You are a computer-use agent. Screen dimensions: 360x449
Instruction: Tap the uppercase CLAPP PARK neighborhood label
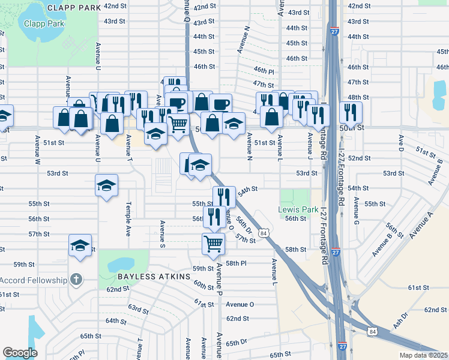click(73, 8)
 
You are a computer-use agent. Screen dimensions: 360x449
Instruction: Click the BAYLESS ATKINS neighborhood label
click(154, 277)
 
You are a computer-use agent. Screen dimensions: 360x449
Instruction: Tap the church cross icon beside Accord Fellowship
click(76, 279)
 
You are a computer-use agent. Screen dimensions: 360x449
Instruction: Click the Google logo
click(20, 353)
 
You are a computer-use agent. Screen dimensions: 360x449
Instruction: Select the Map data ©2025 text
click(423, 355)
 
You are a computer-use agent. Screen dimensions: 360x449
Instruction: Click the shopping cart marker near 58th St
click(214, 244)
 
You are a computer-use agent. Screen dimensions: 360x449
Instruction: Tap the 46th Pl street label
click(264, 71)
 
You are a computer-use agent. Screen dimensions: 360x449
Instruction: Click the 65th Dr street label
click(237, 343)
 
